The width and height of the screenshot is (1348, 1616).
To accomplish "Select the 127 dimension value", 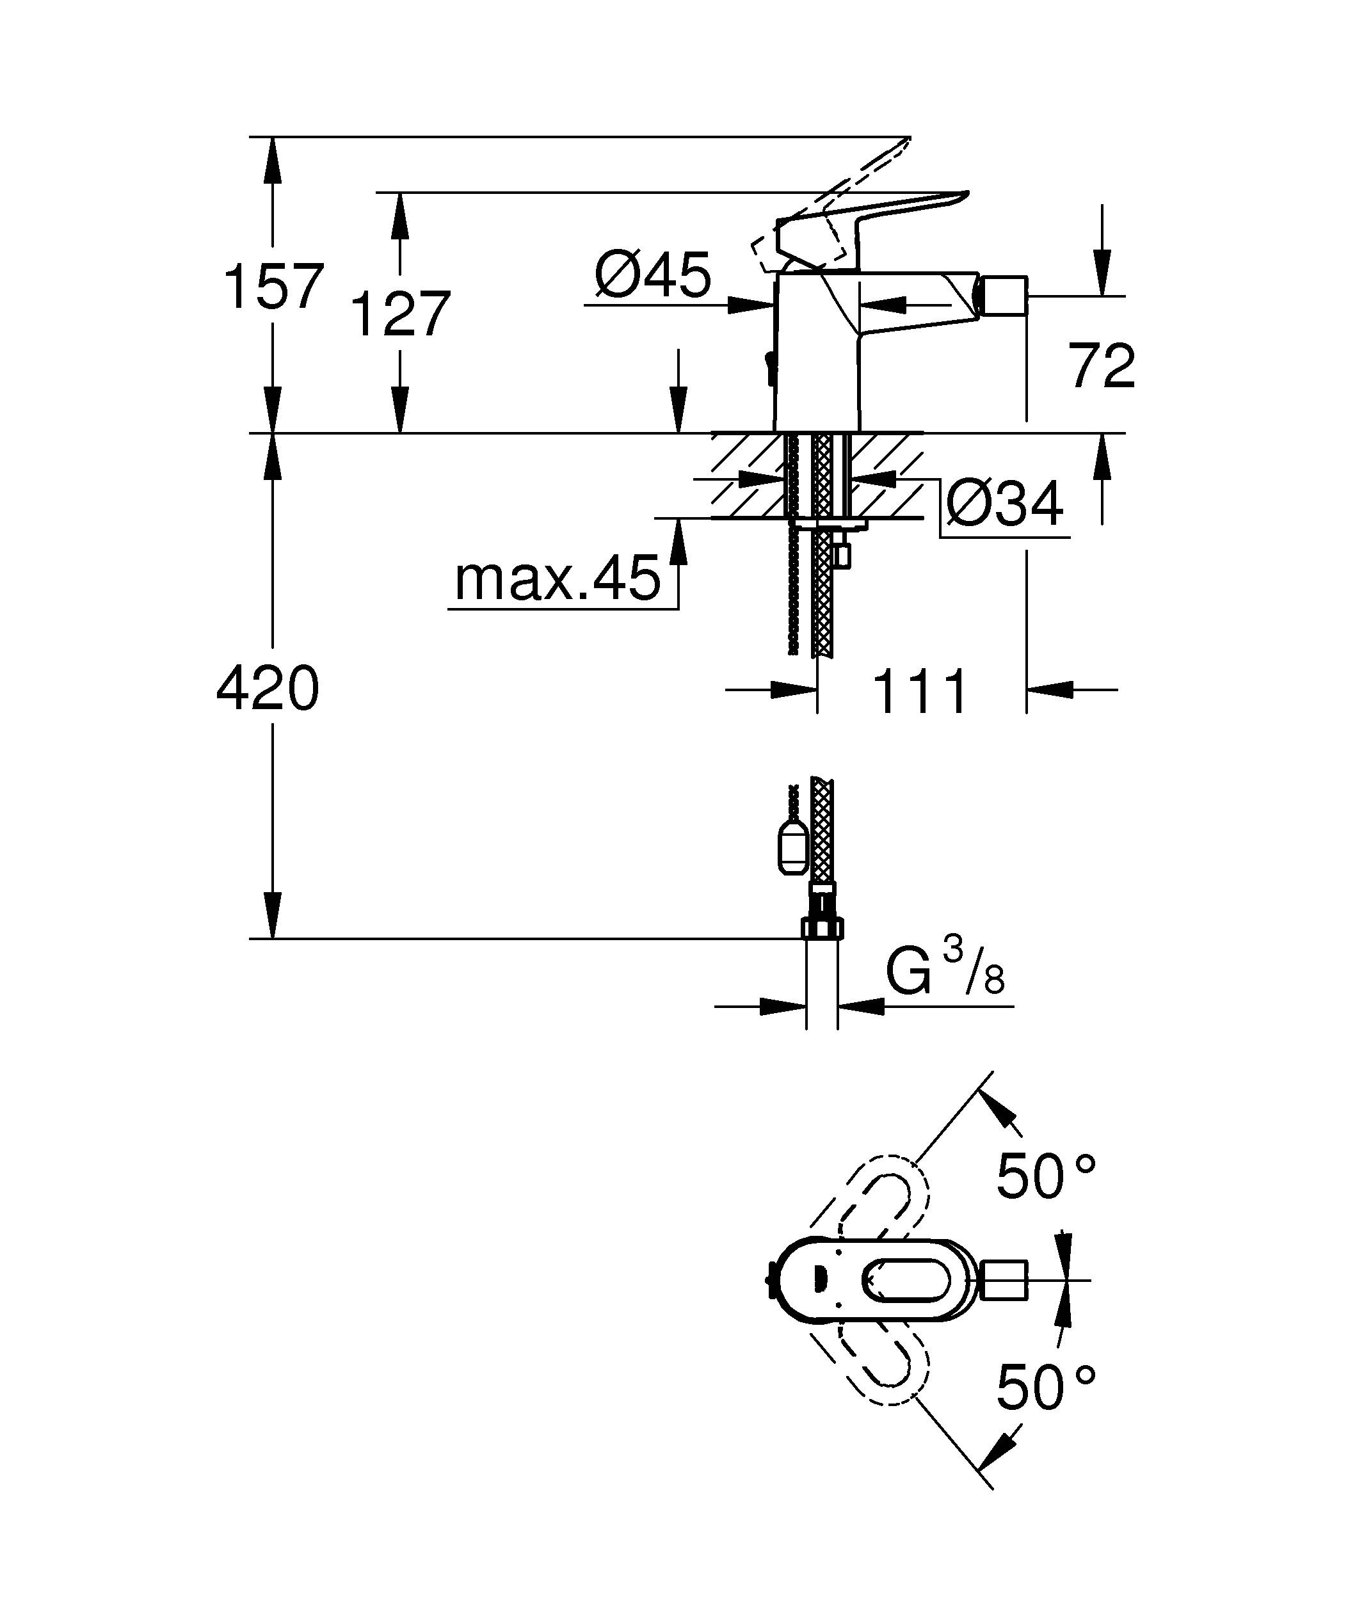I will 399,314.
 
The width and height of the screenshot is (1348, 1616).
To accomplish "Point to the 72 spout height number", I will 1101,367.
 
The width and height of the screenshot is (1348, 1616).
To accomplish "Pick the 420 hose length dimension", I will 267,689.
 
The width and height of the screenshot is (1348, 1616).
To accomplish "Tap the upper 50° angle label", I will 1045,1176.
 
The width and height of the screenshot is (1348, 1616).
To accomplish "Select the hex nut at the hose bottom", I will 822,928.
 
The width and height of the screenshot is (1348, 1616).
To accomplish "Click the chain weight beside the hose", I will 793,847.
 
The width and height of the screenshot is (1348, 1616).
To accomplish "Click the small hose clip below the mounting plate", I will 844,554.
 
